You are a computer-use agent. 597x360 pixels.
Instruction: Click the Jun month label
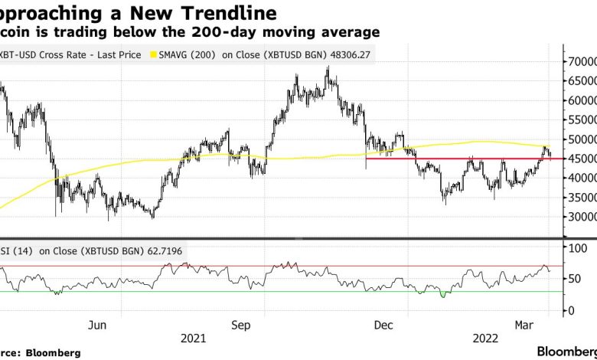[98, 324]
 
